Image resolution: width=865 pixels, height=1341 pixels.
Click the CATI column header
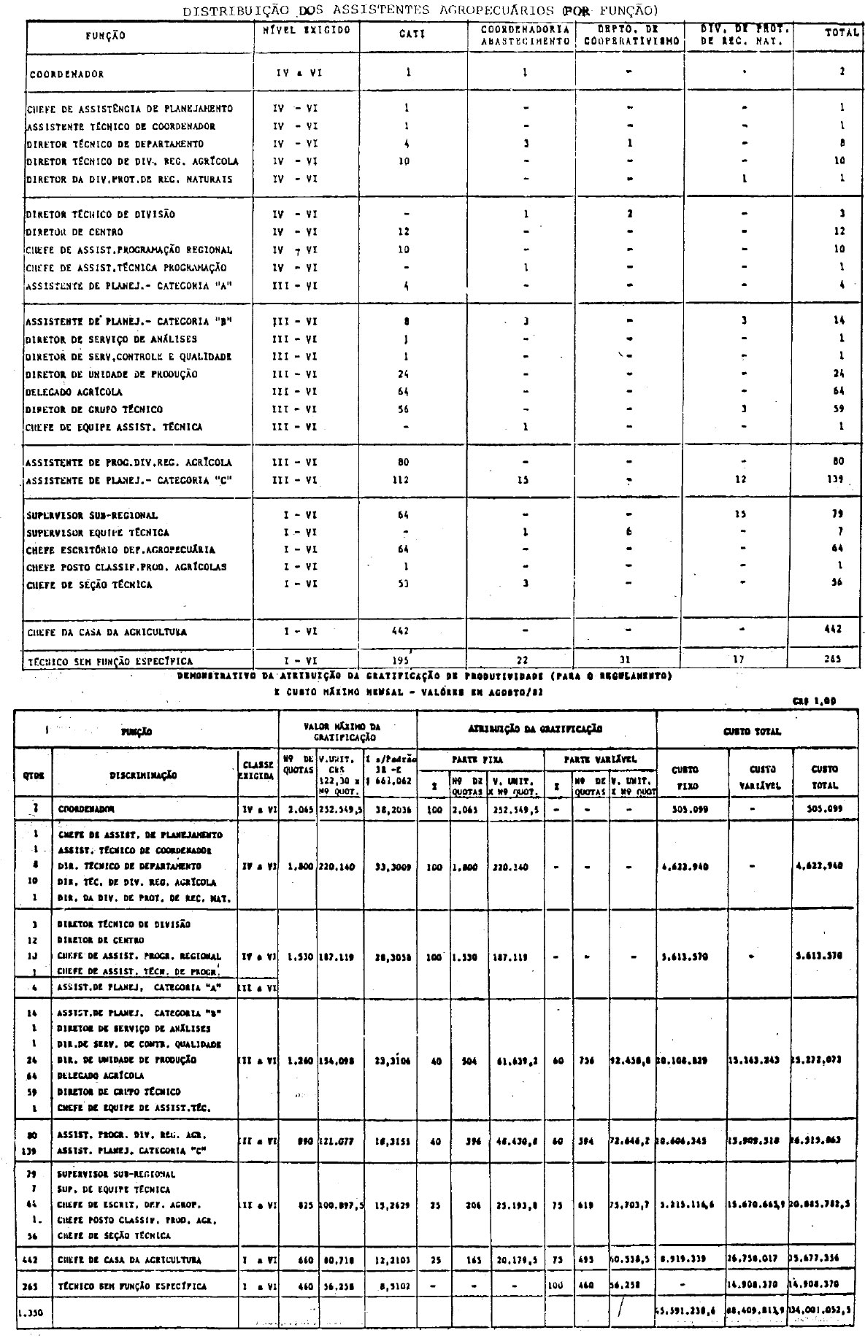pos(407,34)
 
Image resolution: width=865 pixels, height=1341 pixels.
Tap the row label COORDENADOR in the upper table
pos(67,74)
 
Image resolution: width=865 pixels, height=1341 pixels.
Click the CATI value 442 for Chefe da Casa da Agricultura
pos(400,630)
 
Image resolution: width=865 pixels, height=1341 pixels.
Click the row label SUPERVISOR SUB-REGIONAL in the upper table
pos(91,515)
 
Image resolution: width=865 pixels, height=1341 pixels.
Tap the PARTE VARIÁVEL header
pos(600,760)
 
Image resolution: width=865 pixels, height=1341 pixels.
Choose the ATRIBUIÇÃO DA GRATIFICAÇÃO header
pos(536,728)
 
